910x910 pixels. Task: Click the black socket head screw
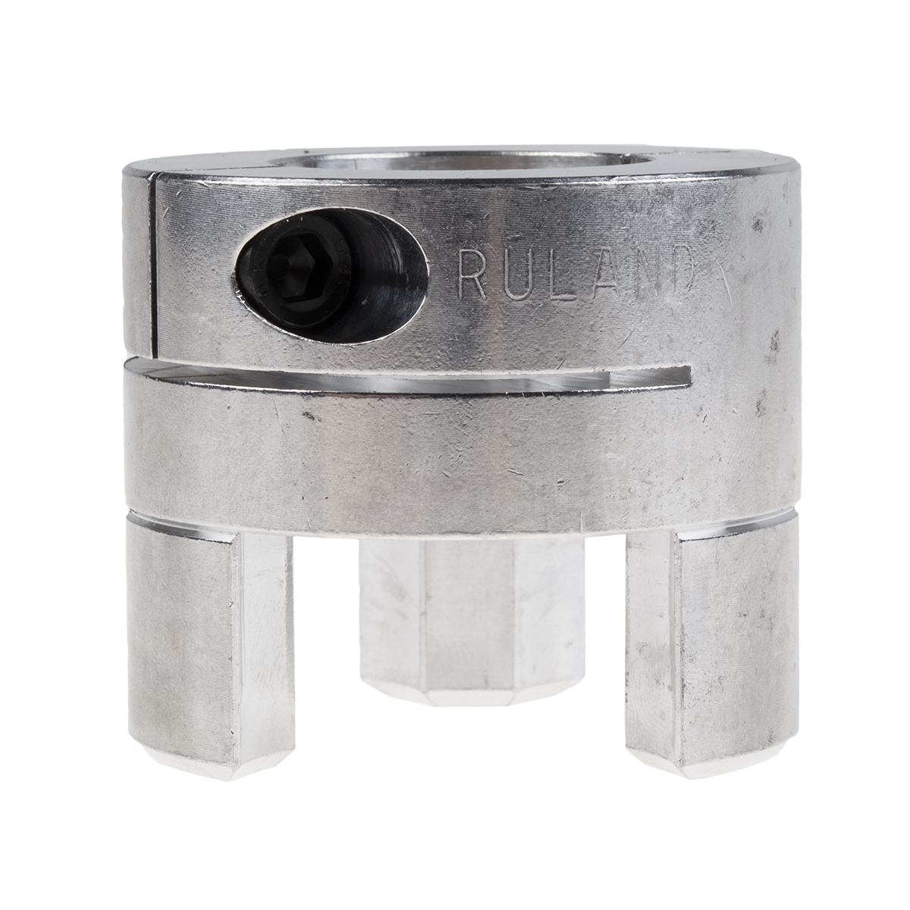click(x=326, y=275)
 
